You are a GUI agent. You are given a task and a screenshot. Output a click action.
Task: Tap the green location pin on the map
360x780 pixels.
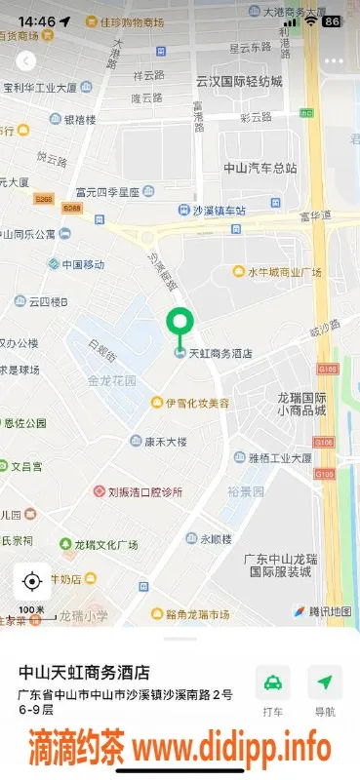tap(179, 323)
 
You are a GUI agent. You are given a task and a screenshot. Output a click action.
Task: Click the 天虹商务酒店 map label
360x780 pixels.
tap(219, 353)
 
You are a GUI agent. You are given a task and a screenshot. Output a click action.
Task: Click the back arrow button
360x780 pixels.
tap(25, 60)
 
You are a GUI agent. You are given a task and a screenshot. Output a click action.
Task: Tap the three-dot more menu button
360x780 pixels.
tap(334, 60)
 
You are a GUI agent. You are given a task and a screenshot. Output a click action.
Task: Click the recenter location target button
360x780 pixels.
tap(31, 582)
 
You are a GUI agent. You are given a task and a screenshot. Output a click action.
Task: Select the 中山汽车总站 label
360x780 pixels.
tap(255, 167)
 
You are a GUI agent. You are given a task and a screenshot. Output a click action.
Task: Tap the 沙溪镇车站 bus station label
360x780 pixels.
tap(219, 210)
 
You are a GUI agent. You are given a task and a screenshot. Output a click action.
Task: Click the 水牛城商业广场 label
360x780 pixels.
tap(283, 272)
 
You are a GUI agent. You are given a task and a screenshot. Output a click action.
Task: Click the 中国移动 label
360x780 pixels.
tap(82, 264)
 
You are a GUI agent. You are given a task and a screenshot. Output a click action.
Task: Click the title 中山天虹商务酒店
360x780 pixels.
tap(84, 672)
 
